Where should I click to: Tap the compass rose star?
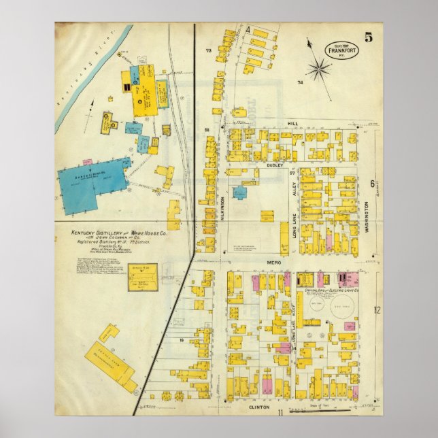pyautogui.click(x=318, y=69)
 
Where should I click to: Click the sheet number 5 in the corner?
pyautogui.click(x=368, y=37)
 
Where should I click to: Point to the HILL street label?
pyautogui.click(x=292, y=124)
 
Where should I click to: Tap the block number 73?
pyautogui.click(x=209, y=51)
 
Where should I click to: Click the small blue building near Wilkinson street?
pyautogui.click(x=240, y=192)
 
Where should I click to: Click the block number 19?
pyautogui.click(x=182, y=339)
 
